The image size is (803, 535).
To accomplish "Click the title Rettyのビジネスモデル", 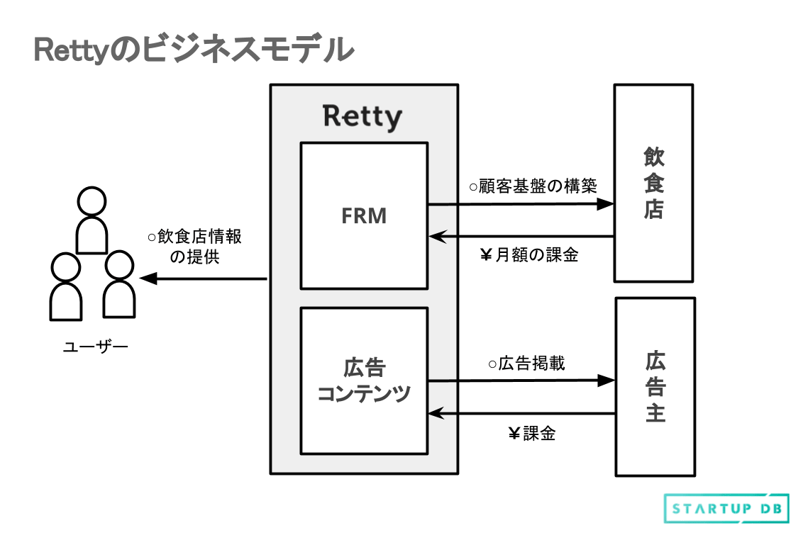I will (193, 51).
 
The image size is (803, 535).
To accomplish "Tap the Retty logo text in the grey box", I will (362, 116).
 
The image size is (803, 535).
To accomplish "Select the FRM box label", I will (364, 216).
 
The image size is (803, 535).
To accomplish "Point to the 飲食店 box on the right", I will (653, 183).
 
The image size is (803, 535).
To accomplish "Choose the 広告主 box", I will (655, 387).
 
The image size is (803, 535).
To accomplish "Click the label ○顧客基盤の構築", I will (533, 187).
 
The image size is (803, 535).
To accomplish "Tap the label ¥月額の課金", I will (530, 255).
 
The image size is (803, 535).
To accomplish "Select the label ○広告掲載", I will (526, 364).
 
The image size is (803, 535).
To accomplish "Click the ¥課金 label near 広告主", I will (532, 434).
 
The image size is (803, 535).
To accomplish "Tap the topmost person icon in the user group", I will (92, 220).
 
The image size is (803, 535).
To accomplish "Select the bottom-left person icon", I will (65, 286).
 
